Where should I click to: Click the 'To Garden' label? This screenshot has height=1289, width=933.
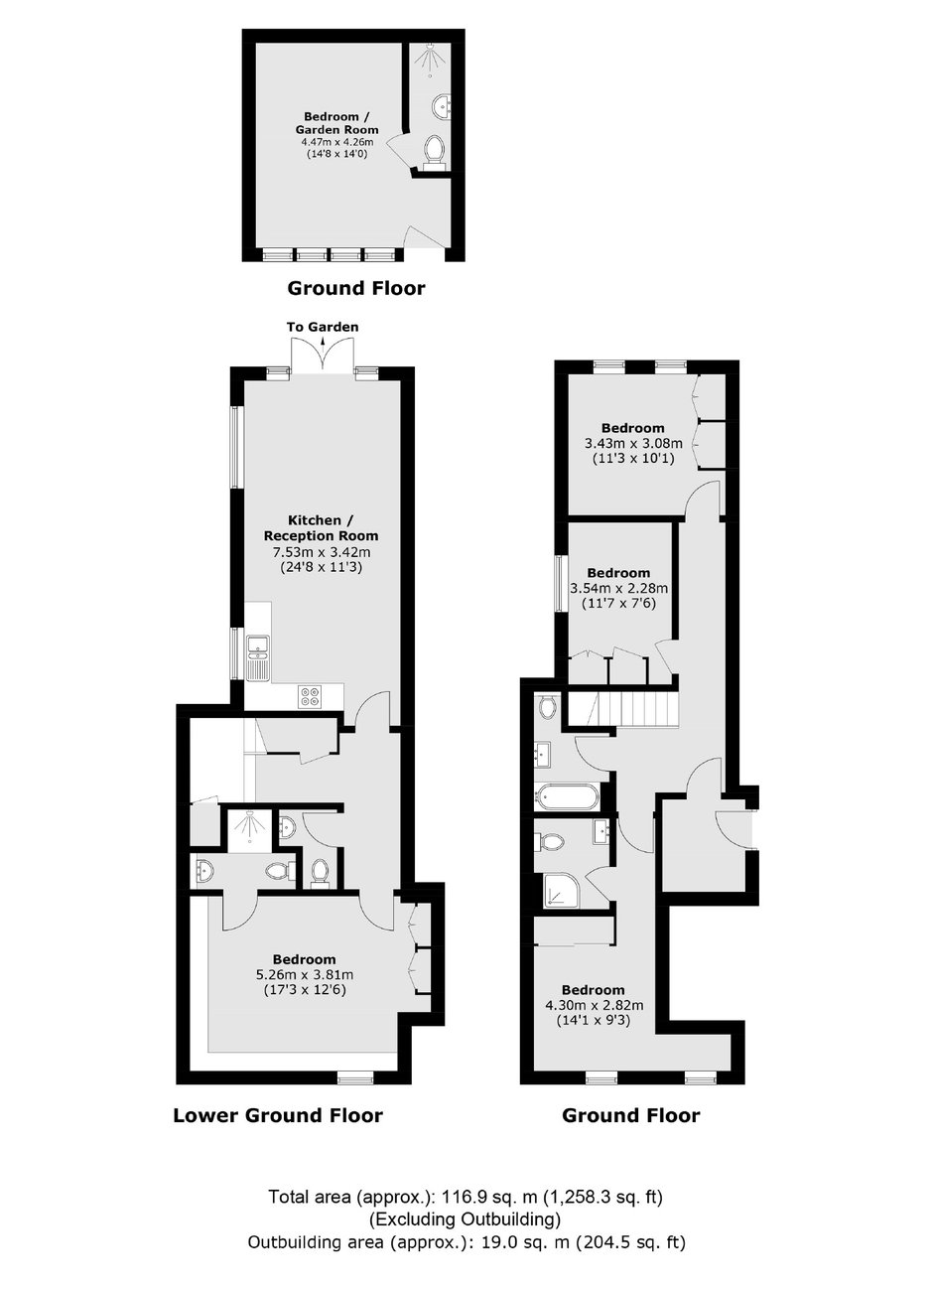(323, 327)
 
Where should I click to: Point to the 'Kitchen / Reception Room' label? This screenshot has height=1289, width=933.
(321, 527)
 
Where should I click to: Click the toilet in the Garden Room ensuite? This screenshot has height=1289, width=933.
(435, 151)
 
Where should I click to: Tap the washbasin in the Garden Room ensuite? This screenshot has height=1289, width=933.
(442, 106)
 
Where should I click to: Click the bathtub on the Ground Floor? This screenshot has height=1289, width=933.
(567, 798)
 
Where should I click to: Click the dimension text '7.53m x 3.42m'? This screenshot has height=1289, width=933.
(321, 552)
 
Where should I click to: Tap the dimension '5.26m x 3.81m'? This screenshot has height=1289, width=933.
(305, 975)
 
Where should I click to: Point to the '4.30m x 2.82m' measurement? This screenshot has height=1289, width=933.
(595, 1005)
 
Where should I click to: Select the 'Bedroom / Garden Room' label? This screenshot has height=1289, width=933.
(333, 123)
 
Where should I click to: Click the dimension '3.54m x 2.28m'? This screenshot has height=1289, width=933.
(618, 588)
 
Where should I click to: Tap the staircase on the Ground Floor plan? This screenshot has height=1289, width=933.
(620, 710)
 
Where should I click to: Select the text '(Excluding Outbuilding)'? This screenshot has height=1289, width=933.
(465, 1218)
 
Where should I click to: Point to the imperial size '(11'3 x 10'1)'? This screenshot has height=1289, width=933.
(632, 459)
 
